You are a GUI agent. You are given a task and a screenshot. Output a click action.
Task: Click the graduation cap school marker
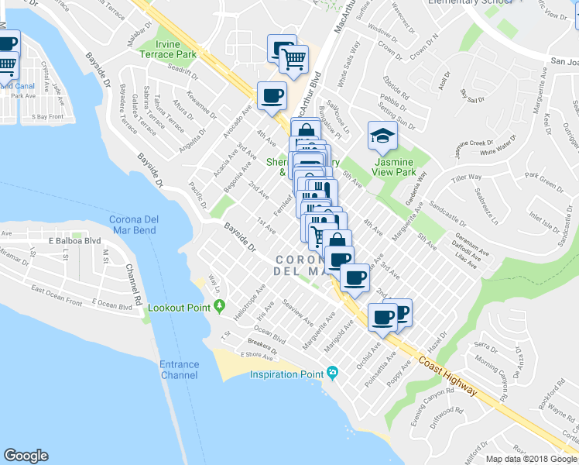click(x=382, y=136)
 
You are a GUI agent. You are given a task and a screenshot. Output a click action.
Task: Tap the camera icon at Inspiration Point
click(x=332, y=374)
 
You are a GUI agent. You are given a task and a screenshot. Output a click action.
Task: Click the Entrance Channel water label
click(x=179, y=370)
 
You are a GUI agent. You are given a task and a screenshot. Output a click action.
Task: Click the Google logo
click(x=26, y=456)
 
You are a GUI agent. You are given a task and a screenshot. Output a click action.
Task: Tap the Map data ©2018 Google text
click(x=531, y=459)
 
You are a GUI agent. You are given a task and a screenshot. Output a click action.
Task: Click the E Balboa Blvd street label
click(x=75, y=241)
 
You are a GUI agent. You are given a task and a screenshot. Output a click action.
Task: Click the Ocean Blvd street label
click(x=270, y=336)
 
